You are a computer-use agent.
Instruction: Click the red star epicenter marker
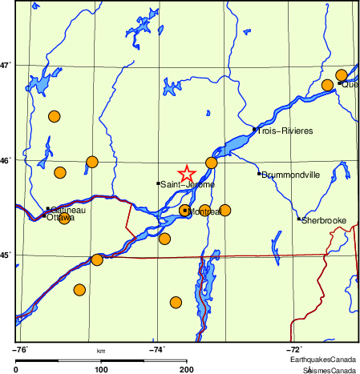[x=186, y=174]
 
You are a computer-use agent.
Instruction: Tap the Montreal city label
[x=204, y=211]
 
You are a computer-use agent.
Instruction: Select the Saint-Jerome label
[x=188, y=184]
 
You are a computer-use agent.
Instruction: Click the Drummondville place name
[x=292, y=174]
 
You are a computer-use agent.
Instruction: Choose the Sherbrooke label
[x=324, y=219]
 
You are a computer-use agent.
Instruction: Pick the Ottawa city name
[x=59, y=218]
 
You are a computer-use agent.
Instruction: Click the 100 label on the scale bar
[x=101, y=369]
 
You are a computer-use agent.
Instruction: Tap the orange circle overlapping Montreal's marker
[x=185, y=211]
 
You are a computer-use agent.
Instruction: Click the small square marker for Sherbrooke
[x=299, y=219]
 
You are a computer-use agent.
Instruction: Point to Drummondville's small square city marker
[x=259, y=174]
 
